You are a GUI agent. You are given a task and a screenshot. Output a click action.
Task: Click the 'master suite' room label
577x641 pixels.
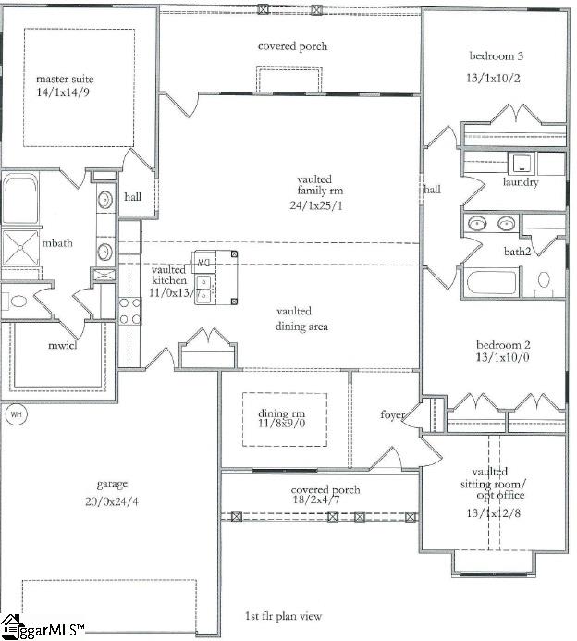tap(64, 79)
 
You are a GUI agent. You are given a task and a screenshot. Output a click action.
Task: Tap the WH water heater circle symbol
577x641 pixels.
tap(15, 414)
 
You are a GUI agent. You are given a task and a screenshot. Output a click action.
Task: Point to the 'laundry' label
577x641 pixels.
tap(521, 182)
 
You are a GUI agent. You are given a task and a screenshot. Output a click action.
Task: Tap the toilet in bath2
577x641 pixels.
tap(545, 279)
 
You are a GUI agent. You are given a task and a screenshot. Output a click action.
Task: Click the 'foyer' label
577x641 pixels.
tap(392, 415)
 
